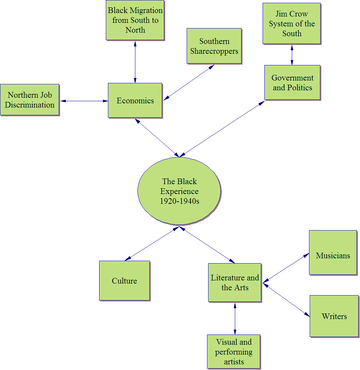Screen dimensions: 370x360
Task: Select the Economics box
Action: (x=135, y=100)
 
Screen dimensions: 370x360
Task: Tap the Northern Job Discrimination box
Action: (x=30, y=100)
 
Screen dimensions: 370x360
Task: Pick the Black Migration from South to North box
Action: (x=135, y=20)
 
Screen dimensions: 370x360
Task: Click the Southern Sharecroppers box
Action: (x=214, y=46)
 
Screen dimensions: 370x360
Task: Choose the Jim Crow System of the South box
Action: (x=291, y=24)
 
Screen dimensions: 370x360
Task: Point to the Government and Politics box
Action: (x=292, y=83)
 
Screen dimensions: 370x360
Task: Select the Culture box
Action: (x=124, y=280)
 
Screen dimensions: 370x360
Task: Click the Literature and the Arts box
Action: (x=234, y=283)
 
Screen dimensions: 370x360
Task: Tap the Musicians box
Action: (x=333, y=252)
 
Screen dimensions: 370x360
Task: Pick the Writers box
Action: (x=334, y=316)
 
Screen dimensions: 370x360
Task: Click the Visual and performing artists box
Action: (x=234, y=351)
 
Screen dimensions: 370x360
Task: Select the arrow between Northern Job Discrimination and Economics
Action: (x=84, y=101)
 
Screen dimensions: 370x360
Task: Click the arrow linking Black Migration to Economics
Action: (x=135, y=61)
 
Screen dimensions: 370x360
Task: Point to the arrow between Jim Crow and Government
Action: (x=291, y=54)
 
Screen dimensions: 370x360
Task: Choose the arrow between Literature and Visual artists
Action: (x=235, y=318)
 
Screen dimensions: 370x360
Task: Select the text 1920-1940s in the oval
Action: (x=179, y=201)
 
